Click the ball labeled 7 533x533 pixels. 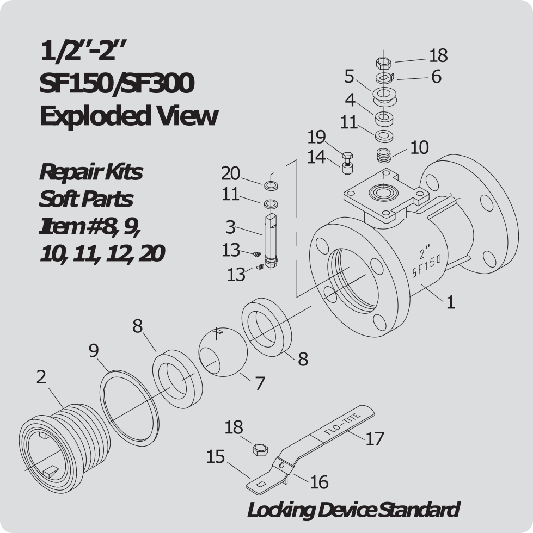223,352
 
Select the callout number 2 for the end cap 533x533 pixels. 41,377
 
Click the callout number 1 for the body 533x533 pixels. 450,302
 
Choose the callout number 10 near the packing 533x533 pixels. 419,147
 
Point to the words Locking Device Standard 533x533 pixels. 353,510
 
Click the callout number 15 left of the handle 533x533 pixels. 216,457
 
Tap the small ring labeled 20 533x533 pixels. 271,185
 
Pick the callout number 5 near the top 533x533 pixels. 349,77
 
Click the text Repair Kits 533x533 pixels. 90,172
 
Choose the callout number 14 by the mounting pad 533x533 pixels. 316,157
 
